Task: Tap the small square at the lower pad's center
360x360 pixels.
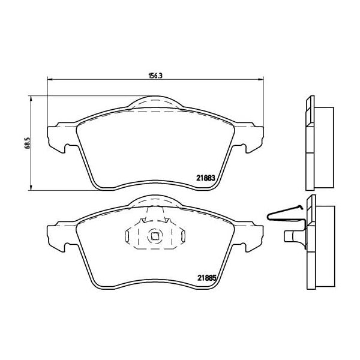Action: [155, 236]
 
